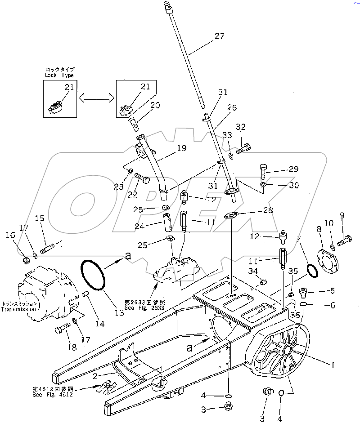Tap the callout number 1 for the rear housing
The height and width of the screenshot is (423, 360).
(333, 365)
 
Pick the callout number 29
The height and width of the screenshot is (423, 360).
(293, 169)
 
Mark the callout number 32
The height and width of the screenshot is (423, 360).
(241, 127)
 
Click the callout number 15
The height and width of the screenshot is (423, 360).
(40, 218)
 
